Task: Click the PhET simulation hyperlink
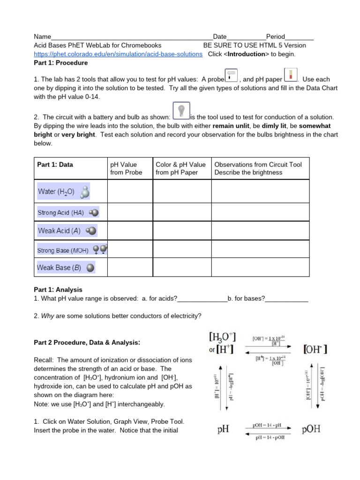pyautogui.click(x=118, y=54)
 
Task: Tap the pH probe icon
pyautogui.click(x=231, y=75)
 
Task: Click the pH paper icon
pyautogui.click(x=290, y=75)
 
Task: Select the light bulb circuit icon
pyautogui.click(x=181, y=110)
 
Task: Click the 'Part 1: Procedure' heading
pyautogui.click(x=61, y=62)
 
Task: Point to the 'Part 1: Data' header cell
pyautogui.click(x=55, y=165)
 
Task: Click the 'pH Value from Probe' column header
pyautogui.click(x=126, y=168)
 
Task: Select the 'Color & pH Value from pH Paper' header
pyautogui.click(x=180, y=168)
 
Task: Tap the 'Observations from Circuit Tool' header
pyautogui.click(x=258, y=168)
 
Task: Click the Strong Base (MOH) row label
pyautogui.click(x=72, y=250)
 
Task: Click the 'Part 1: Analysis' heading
pyautogui.click(x=58, y=290)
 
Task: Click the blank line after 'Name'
pyautogui.click(x=131, y=37)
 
